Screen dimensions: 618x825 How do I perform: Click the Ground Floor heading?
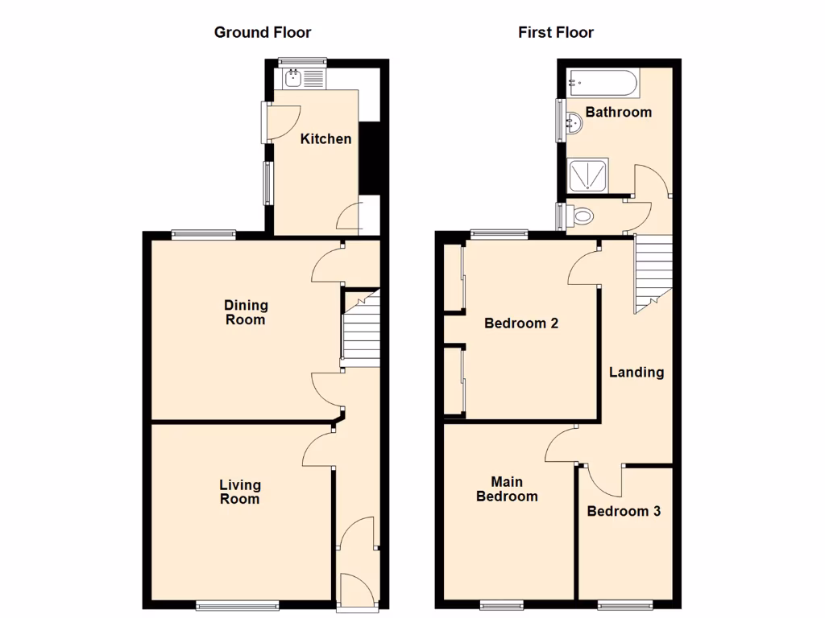(262, 32)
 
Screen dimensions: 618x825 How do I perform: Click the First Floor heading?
(555, 32)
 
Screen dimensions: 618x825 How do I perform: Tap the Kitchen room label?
(325, 138)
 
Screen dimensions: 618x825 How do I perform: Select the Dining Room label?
(246, 312)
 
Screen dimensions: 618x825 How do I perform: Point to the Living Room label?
(240, 492)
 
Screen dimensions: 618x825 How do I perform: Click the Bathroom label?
(618, 112)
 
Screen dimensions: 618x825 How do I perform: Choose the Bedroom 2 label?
(520, 323)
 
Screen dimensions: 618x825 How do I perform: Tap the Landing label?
(636, 372)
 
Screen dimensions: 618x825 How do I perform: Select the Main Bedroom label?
(507, 489)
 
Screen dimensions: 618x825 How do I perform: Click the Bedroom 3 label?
(624, 511)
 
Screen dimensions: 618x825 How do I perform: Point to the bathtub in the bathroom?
(603, 82)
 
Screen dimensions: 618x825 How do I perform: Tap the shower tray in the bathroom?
(591, 175)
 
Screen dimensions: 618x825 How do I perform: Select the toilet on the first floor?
(581, 215)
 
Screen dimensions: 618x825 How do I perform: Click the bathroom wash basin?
(574, 123)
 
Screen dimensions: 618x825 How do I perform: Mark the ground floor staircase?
(360, 330)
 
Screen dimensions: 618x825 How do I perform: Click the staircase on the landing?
(652, 273)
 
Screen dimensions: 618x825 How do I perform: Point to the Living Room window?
(238, 604)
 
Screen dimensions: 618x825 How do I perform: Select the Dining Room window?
(203, 235)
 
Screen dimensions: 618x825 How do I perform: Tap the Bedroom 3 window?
(625, 604)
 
